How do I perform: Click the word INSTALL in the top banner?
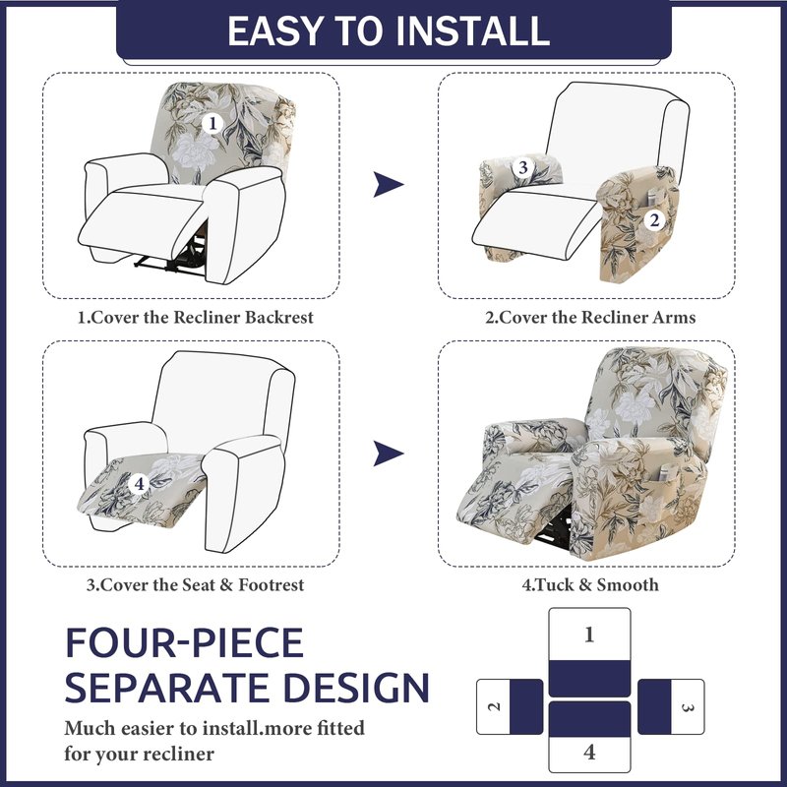(473, 31)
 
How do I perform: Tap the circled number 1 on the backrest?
(212, 124)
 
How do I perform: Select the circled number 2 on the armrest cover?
(654, 219)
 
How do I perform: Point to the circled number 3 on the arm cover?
(522, 167)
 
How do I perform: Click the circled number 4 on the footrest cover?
(139, 484)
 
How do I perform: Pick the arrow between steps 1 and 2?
(388, 184)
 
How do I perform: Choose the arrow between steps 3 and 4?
(388, 454)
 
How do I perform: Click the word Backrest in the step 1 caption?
(279, 317)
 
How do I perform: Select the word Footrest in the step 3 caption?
(272, 584)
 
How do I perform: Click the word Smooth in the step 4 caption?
(628, 584)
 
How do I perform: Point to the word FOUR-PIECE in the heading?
(184, 642)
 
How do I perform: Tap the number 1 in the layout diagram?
(589, 635)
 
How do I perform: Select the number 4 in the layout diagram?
(589, 753)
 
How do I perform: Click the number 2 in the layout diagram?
(495, 706)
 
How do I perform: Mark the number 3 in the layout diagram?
(688, 707)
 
